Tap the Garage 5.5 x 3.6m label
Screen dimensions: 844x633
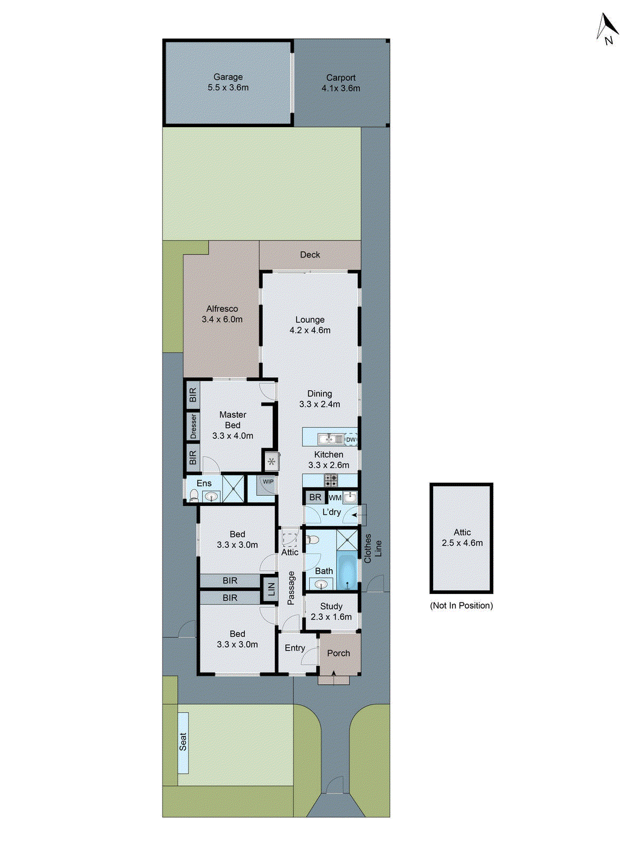click(x=228, y=82)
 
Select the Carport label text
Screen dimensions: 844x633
click(x=341, y=78)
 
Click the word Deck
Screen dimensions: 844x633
click(x=310, y=255)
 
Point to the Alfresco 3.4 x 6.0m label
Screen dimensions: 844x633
click(x=222, y=314)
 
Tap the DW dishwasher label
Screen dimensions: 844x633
click(x=351, y=439)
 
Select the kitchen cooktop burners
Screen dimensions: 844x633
click(x=331, y=480)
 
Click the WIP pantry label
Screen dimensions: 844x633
click(x=268, y=482)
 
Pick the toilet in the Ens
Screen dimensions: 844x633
click(x=194, y=495)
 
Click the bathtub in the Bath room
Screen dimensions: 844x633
click(x=347, y=571)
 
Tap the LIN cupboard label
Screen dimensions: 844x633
click(x=271, y=589)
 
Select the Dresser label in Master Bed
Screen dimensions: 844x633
click(x=193, y=426)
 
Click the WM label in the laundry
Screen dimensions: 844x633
click(x=335, y=497)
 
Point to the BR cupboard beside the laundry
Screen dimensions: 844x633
click(x=315, y=497)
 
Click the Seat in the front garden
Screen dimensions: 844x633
click(x=183, y=743)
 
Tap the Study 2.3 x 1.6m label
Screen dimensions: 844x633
click(x=331, y=611)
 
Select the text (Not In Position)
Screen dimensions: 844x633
click(x=462, y=606)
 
